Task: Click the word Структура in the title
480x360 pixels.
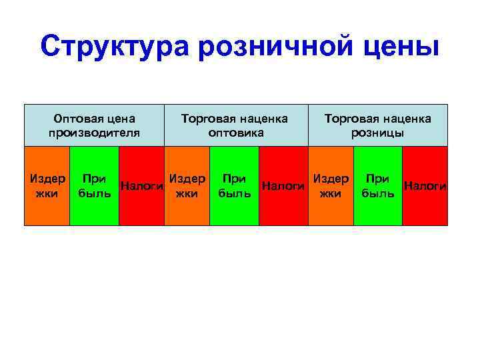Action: [x=114, y=47]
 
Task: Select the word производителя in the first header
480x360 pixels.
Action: [x=94, y=132]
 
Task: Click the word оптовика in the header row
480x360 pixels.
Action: [x=236, y=132]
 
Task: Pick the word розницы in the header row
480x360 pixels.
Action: [x=378, y=132]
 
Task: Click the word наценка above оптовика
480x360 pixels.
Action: [x=263, y=119]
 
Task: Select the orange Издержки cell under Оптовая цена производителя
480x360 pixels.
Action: [x=47, y=186]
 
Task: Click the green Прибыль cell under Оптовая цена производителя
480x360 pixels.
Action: [x=94, y=186]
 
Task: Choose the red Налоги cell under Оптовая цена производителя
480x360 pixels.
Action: [x=141, y=186]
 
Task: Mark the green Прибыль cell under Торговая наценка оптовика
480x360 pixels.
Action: [x=234, y=186]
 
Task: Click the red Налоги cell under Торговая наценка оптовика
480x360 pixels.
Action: [x=283, y=186]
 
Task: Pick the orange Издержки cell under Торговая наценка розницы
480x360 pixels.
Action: [x=330, y=186]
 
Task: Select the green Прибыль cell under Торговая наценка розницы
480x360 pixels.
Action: [x=378, y=186]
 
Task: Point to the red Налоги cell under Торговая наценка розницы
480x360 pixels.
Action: [x=425, y=186]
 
